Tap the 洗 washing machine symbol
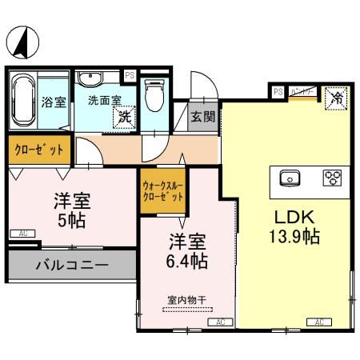[x=124, y=116]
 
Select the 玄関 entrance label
[x=202, y=116]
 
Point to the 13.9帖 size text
[x=293, y=238]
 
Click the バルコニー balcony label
[x=70, y=265]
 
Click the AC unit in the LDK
[x=318, y=322]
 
